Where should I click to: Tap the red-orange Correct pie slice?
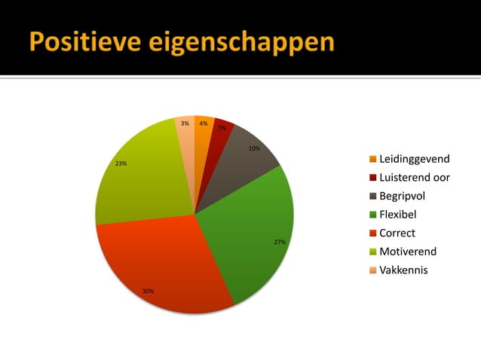(x=162, y=264)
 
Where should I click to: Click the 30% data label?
(x=149, y=291)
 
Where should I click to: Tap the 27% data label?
(x=280, y=243)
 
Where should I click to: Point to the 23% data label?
(x=121, y=163)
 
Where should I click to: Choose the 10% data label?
(x=255, y=148)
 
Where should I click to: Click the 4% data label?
(x=204, y=123)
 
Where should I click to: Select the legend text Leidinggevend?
(x=414, y=159)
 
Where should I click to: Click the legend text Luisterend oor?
(x=414, y=178)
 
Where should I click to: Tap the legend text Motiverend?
(x=407, y=251)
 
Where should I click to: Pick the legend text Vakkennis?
(x=403, y=270)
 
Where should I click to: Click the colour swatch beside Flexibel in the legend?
(x=372, y=215)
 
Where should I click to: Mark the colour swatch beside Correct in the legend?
(x=372, y=233)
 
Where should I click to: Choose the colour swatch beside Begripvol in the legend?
(x=372, y=197)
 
